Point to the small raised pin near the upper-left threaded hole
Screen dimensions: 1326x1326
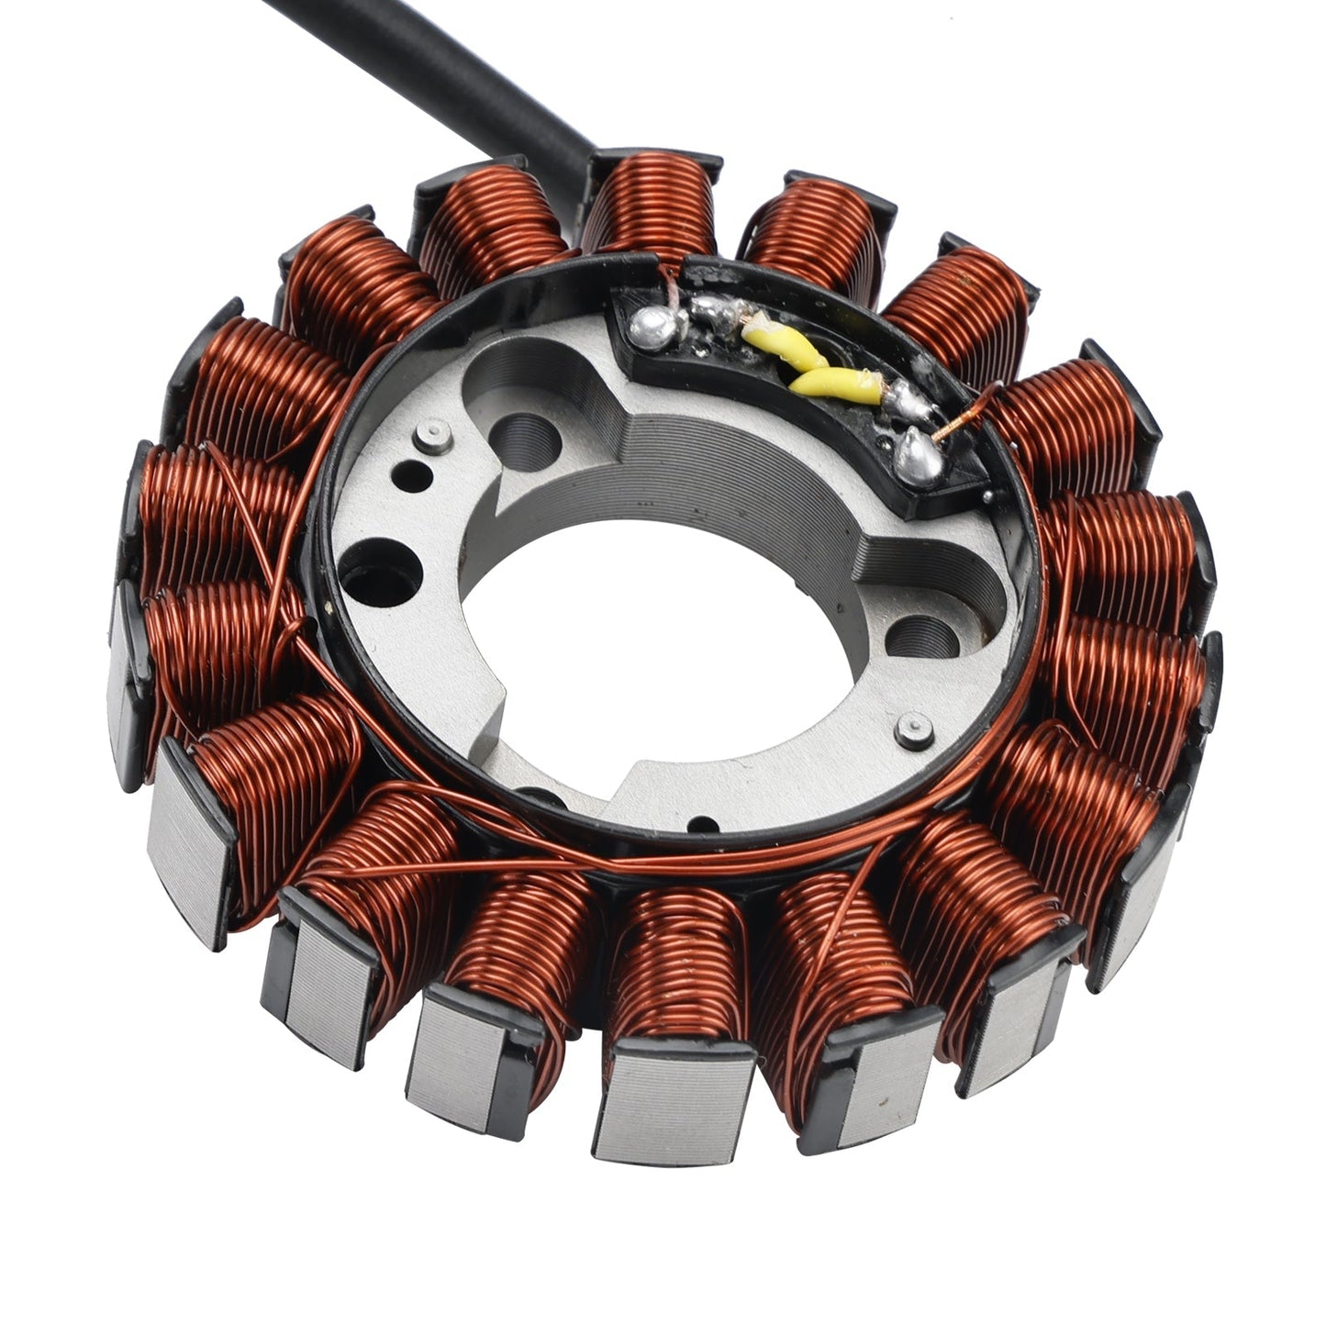tap(428, 437)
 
